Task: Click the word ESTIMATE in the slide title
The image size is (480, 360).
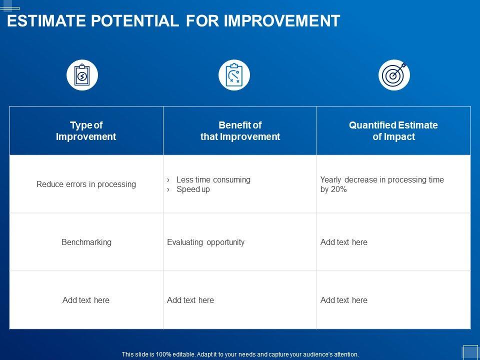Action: point(46,21)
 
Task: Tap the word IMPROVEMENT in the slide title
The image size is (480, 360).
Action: point(282,21)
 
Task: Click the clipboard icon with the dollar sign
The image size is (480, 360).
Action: point(82,75)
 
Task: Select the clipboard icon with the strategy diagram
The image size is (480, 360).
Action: point(234,75)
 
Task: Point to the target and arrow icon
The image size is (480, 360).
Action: point(394,75)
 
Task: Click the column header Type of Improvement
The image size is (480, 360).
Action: point(86,130)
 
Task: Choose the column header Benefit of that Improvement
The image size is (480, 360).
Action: point(240,130)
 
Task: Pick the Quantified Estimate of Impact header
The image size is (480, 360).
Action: point(393,130)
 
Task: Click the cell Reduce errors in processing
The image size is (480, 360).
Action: point(86,184)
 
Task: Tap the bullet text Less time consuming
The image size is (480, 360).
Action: point(213,179)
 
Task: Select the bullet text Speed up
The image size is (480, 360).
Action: point(193,189)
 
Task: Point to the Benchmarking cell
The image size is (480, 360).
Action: point(86,242)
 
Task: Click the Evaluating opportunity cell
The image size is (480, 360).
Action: point(205,242)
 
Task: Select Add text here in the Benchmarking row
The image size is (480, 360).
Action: point(344,242)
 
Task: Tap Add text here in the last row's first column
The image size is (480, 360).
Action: point(85,300)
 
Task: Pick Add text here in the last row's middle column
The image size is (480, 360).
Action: point(190,300)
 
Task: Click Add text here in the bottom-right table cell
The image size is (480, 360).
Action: point(344,300)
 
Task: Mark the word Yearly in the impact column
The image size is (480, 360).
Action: point(331,179)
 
